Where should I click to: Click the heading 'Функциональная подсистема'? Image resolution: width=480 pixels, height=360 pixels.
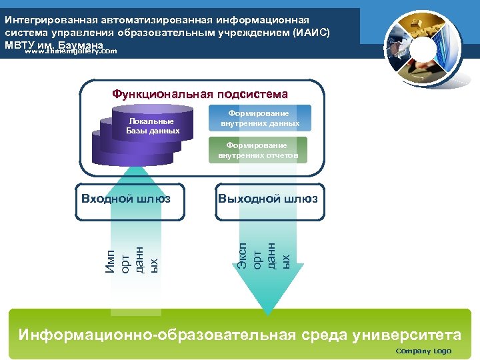pyautogui.click(x=200, y=95)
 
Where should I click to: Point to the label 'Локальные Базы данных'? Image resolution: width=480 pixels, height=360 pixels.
pyautogui.click(x=153, y=126)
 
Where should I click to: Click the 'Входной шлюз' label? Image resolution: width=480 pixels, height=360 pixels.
pyautogui.click(x=125, y=199)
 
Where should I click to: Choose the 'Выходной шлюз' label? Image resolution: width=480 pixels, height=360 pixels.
pyautogui.click(x=268, y=199)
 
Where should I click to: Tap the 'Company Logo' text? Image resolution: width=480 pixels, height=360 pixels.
pyautogui.click(x=423, y=351)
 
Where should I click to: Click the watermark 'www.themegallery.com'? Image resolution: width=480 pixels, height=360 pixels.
pyautogui.click(x=71, y=51)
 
